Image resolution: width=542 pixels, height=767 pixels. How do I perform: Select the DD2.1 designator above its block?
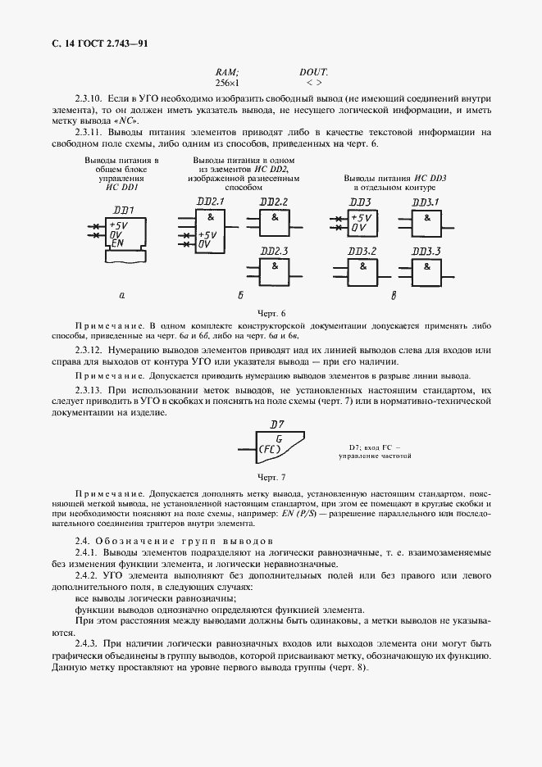point(210,201)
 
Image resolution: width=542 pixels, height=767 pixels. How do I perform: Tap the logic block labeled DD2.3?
point(275,270)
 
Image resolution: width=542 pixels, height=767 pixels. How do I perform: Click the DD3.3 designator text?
point(426,251)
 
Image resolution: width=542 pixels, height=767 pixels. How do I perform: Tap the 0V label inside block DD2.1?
point(205,244)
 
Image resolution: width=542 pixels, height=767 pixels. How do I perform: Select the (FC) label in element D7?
point(270,450)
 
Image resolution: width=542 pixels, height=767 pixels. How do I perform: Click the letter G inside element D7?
point(279,439)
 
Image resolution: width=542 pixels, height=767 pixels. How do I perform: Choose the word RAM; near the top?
point(226,71)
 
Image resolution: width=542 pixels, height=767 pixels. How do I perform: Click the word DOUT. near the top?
point(313,71)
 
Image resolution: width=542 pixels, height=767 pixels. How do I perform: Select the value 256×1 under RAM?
point(226,83)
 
